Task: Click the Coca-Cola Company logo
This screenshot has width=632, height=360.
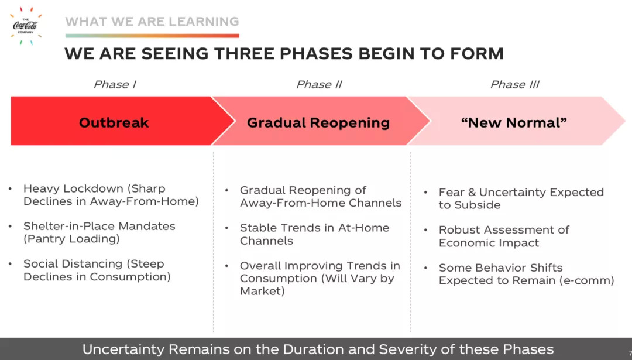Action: point(25,26)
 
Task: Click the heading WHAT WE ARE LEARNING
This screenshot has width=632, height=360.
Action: point(152,22)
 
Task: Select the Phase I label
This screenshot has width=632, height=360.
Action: point(115,84)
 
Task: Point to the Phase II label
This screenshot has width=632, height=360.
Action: point(319,84)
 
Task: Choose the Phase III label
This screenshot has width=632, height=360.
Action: point(515,84)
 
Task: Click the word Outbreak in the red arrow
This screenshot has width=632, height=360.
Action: point(114,122)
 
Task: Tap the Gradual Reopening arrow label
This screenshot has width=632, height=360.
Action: point(318,122)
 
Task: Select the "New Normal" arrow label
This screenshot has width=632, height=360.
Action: point(514,122)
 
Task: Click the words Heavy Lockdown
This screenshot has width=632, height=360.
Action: point(73,188)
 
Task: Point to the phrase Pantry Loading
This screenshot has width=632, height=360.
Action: point(71,239)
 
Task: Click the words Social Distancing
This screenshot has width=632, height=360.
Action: point(73,263)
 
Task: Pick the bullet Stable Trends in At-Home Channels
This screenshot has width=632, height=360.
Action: point(314,234)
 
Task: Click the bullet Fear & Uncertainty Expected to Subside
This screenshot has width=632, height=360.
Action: point(521,198)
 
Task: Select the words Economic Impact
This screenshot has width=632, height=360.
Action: point(489,243)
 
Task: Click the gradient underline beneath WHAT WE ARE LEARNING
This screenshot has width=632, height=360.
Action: point(152,36)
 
